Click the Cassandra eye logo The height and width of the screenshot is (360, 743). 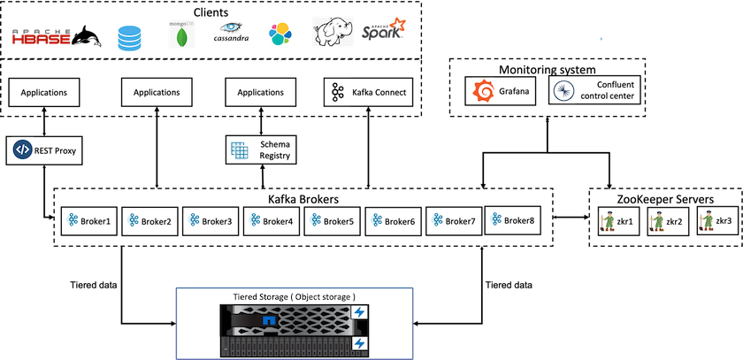232,33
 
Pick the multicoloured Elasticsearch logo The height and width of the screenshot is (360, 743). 280,34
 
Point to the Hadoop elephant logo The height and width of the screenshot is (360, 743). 333,32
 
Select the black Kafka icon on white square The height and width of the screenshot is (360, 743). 337,92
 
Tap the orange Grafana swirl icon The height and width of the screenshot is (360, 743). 483,91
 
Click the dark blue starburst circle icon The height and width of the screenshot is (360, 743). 564,91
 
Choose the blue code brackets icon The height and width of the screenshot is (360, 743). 23,149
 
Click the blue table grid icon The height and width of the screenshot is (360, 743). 239,149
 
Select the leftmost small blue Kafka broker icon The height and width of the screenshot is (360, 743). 72,219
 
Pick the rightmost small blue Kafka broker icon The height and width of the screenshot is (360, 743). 497,218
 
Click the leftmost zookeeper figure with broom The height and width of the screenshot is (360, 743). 608,220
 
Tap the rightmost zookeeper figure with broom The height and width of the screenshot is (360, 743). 707,220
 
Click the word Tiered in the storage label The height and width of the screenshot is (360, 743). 248,295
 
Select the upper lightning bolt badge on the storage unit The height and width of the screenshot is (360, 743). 360,313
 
